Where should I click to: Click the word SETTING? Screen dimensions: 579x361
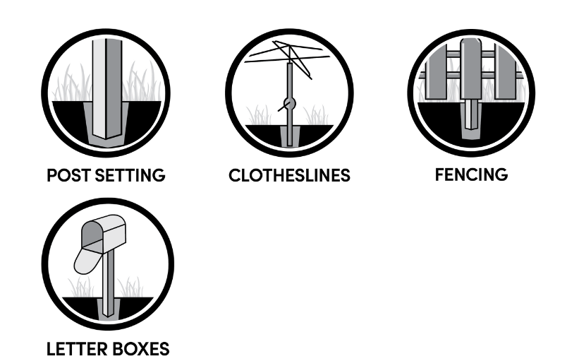(x=130, y=175)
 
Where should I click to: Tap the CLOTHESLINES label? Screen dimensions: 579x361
(x=289, y=175)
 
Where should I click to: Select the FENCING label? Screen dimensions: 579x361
(x=471, y=174)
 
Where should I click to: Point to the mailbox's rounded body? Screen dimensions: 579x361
(x=104, y=232)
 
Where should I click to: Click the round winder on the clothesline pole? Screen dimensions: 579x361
(x=289, y=104)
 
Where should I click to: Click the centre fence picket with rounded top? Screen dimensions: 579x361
(x=471, y=69)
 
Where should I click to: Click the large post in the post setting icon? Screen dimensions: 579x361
(x=107, y=89)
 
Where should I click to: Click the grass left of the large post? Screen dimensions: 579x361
(x=72, y=84)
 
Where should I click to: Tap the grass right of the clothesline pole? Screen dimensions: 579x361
(x=316, y=115)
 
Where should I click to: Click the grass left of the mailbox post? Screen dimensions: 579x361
(x=81, y=287)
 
